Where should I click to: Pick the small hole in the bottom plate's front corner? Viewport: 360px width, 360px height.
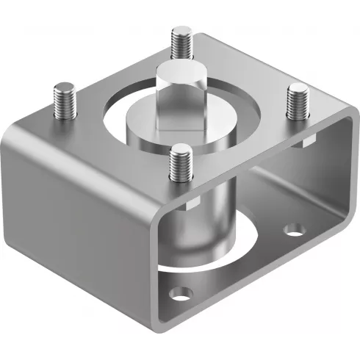pos(179,295)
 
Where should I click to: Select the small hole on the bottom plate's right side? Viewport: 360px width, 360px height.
pos(294,230)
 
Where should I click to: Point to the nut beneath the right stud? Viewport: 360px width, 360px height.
pos(306,140)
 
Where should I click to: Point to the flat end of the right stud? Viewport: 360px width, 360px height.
pos(298,89)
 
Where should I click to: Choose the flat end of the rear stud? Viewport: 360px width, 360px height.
pos(181,31)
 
